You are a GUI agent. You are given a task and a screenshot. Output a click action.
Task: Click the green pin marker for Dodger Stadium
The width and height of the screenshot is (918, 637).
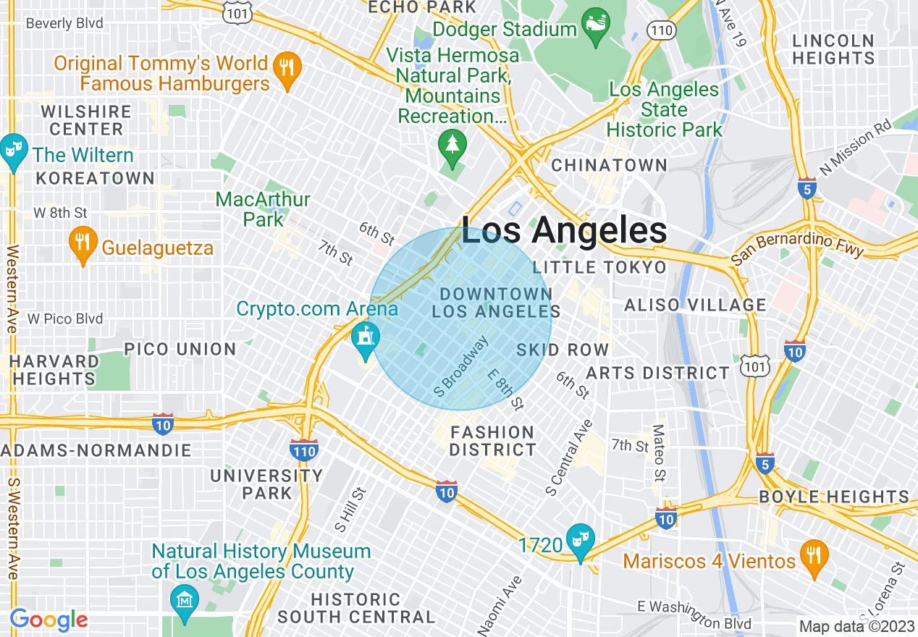[x=596, y=28]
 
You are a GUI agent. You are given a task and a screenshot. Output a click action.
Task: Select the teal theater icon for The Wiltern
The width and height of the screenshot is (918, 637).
[x=13, y=151]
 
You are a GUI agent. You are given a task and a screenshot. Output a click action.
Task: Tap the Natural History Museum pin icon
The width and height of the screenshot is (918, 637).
[x=184, y=602]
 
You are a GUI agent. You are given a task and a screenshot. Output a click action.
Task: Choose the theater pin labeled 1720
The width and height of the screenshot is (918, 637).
[x=581, y=541]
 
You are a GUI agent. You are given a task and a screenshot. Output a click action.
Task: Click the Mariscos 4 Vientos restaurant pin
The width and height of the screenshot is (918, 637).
[x=814, y=558]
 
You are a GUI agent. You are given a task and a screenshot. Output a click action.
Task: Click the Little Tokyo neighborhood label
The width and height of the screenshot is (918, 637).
[x=599, y=268]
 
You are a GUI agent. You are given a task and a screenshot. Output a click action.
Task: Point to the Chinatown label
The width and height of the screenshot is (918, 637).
[x=609, y=165]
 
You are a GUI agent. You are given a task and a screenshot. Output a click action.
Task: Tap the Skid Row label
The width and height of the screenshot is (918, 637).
[x=563, y=350]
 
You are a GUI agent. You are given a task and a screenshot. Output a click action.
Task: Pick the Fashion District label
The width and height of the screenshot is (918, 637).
[x=492, y=441]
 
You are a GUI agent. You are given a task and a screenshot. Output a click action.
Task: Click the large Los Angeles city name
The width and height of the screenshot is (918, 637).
[x=564, y=231]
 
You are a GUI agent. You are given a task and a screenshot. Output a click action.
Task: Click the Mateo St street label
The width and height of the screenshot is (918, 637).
[x=659, y=453]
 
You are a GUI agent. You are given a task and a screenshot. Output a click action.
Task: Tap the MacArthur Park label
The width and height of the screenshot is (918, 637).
[x=263, y=208]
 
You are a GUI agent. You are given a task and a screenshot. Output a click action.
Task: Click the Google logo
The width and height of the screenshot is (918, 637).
[x=49, y=620]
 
